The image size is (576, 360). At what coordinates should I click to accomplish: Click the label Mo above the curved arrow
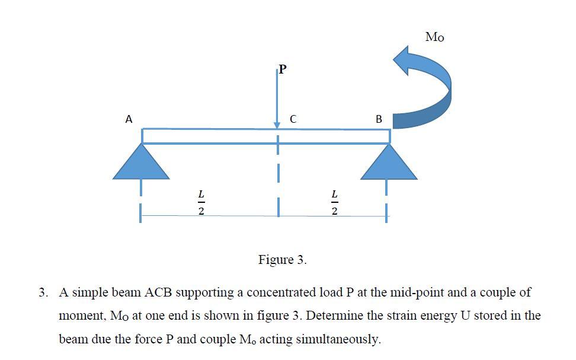click(434, 37)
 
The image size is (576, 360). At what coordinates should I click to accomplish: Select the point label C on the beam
click(293, 119)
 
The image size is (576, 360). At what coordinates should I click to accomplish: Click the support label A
click(129, 119)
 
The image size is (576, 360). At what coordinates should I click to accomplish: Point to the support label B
click(379, 119)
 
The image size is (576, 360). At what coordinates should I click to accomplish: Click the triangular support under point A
click(142, 162)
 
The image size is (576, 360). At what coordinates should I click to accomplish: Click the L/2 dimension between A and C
click(201, 202)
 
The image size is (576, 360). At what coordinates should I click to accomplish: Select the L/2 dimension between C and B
click(335, 202)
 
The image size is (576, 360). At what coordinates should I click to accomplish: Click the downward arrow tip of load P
click(277, 125)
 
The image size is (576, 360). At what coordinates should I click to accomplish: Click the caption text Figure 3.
click(283, 260)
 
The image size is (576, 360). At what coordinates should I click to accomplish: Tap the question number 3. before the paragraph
click(43, 292)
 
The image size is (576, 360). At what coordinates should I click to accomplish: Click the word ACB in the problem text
click(159, 292)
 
